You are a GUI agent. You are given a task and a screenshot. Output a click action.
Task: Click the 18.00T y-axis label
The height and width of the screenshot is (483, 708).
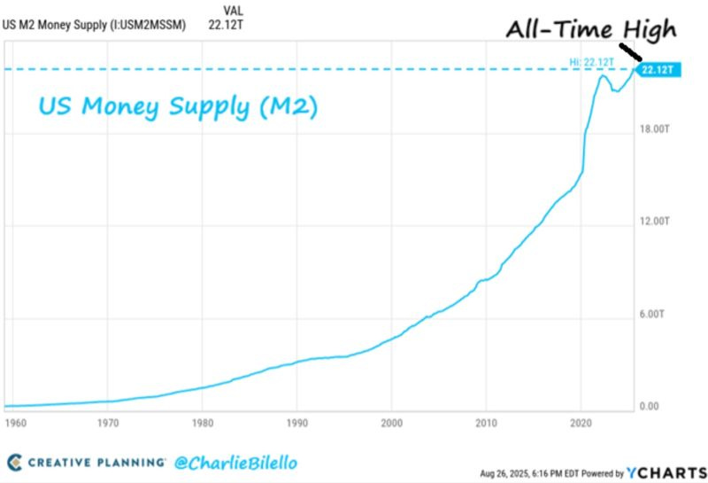tap(656, 129)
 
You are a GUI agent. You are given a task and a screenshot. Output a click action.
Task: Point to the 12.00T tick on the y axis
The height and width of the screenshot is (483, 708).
tap(656, 222)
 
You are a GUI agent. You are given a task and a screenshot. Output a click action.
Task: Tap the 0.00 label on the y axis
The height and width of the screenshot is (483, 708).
tap(650, 407)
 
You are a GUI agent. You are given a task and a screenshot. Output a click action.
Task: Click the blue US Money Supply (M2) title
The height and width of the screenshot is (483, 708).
tap(177, 106)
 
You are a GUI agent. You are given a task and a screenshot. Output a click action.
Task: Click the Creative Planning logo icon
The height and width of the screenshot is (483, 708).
tap(14, 462)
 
